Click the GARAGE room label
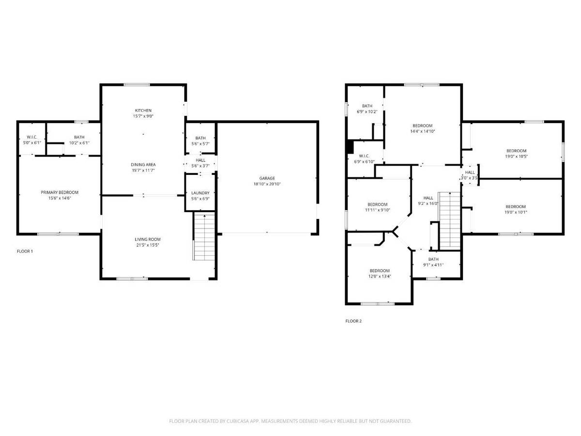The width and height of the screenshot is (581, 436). point(267,178)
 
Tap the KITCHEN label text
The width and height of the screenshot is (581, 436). point(143,110)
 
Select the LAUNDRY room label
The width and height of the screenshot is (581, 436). point(200,193)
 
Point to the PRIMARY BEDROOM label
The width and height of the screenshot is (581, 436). point(60,192)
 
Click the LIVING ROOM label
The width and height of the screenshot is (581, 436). point(148,239)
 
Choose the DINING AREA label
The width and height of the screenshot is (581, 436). point(143,165)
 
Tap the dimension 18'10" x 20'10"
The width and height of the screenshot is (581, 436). point(267,184)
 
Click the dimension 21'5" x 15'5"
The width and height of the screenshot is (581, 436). point(148,245)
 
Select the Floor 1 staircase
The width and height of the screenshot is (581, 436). point(204,237)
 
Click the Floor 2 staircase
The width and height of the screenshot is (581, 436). point(450,220)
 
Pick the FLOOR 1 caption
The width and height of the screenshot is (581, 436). point(25,251)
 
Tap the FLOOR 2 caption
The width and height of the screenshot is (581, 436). point(353,321)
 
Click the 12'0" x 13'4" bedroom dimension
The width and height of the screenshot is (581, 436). point(380,276)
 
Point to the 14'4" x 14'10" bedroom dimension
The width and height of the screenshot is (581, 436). point(423,131)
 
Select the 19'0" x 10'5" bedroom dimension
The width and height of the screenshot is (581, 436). point(517,156)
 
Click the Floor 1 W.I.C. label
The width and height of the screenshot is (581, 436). point(32,137)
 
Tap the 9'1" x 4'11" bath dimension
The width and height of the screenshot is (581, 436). point(433,265)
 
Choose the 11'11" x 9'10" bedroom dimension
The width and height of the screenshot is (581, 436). point(378,210)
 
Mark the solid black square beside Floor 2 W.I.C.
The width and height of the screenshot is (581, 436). point(350,147)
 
